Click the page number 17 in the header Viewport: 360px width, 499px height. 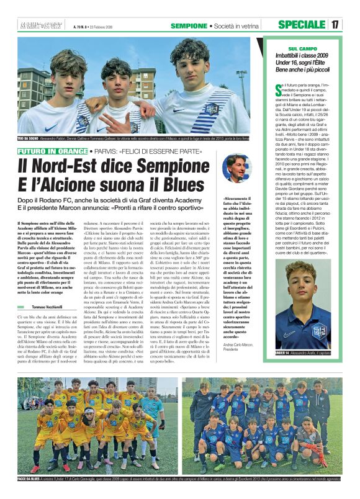click(335, 24)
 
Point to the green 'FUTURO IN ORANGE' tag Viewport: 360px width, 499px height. click(52, 151)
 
